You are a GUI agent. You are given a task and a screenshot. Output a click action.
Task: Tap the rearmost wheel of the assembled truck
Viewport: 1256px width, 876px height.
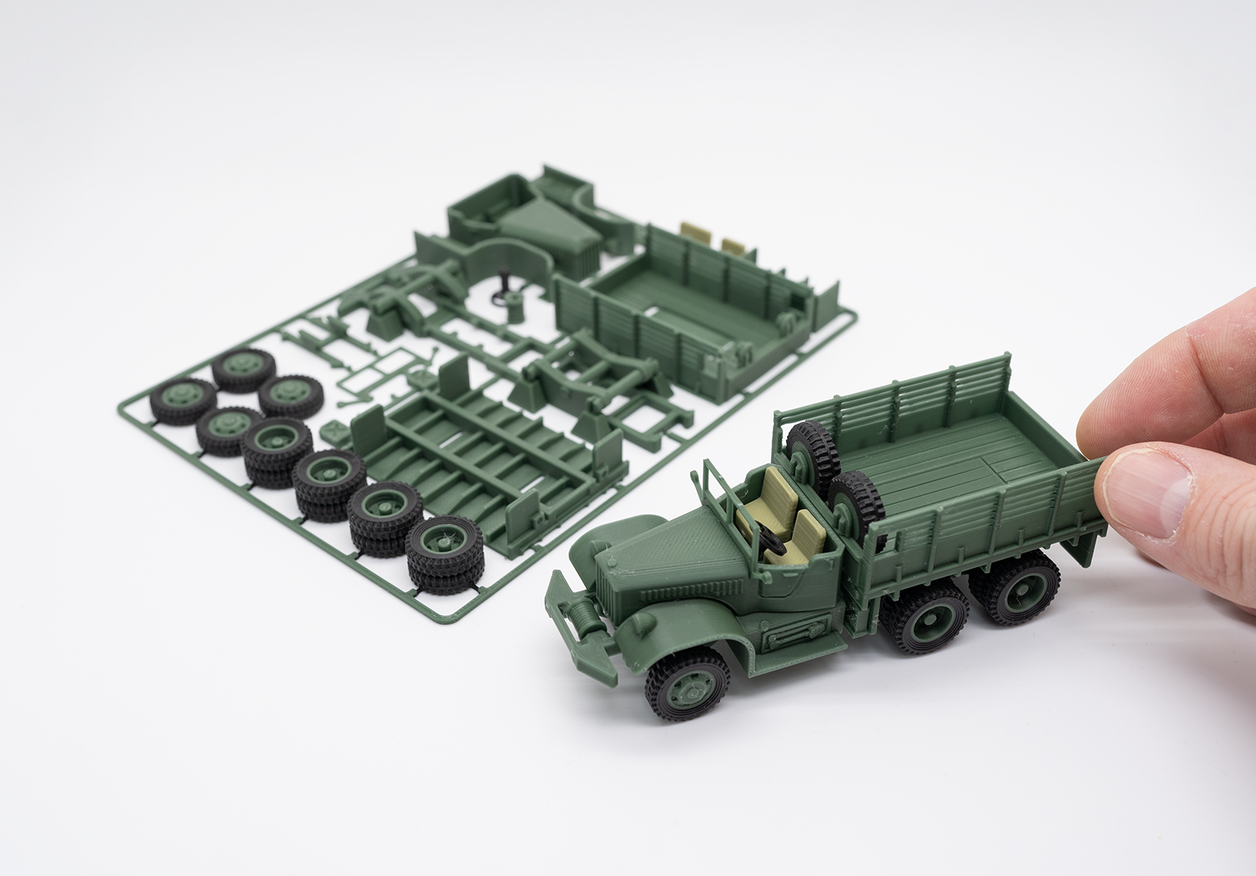click(x=1014, y=585)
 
